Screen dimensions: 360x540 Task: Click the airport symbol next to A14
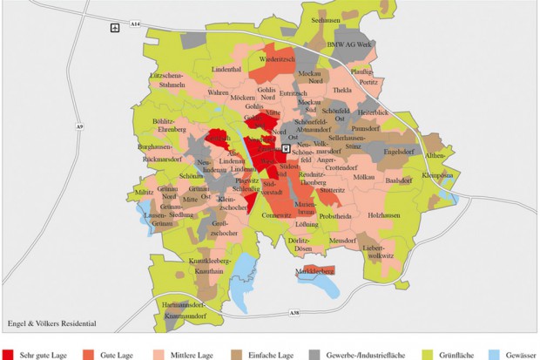pos(115,28)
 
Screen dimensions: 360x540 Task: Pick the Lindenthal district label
pos(226,68)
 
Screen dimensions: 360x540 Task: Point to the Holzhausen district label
pos(383,214)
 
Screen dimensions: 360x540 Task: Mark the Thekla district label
pos(341,90)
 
